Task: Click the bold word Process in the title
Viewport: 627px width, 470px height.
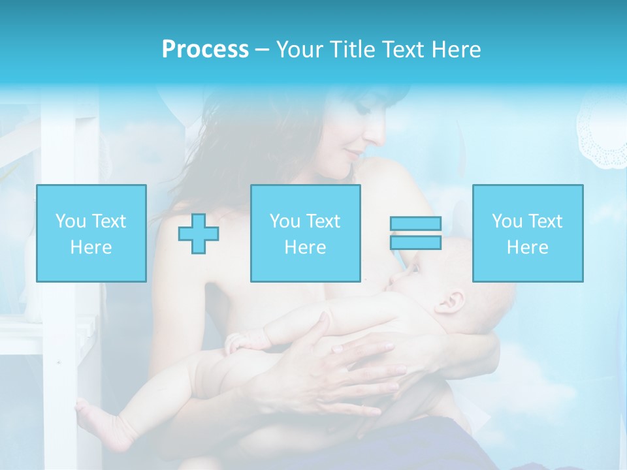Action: tap(205, 50)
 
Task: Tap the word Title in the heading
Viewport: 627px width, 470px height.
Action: tap(353, 50)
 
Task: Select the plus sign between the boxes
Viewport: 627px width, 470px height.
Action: tap(199, 234)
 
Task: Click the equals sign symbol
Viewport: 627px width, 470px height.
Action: tap(416, 233)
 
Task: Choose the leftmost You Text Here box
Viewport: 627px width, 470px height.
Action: tap(91, 234)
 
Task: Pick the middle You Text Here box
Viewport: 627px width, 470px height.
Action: tap(305, 234)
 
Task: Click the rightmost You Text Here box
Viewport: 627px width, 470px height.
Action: tap(527, 234)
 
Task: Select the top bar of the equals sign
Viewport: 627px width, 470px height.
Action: tap(416, 223)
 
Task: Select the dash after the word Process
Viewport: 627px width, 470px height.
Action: tap(262, 50)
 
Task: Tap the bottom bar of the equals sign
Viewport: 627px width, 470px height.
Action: tap(416, 243)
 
